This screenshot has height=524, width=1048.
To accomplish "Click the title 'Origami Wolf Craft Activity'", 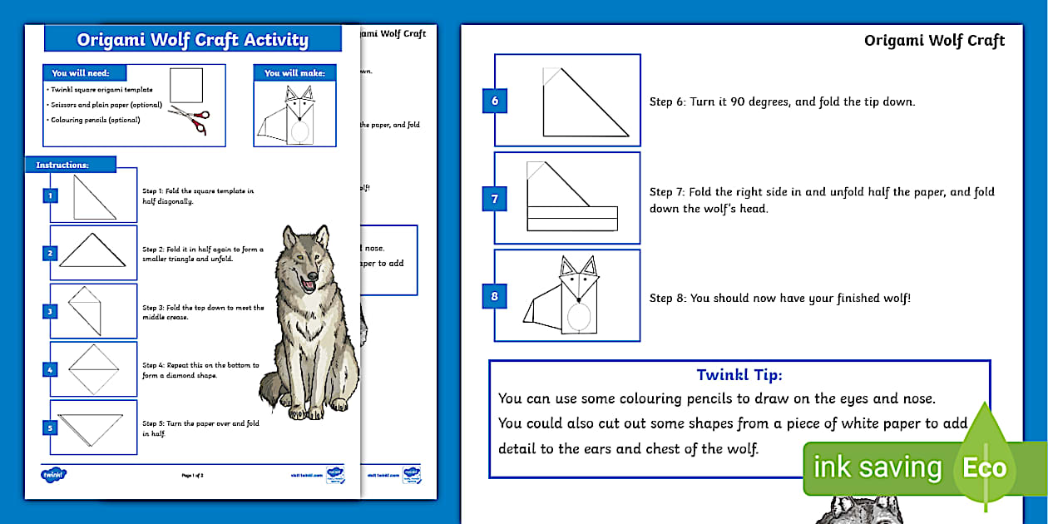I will pos(192,39).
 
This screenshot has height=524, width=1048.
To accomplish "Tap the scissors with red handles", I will pos(189,120).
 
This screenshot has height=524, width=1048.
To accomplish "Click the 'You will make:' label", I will pos(294,73).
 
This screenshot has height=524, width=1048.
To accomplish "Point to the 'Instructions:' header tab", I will pos(62,165).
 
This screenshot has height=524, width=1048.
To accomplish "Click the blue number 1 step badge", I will pos(51,196).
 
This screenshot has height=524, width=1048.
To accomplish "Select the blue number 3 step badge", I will pos(51,312).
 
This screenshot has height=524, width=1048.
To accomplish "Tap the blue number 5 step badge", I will pos(51,428).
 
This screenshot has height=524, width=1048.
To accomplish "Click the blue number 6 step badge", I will pos(495,101).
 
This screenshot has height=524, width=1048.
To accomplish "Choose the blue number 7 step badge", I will pos(495,199).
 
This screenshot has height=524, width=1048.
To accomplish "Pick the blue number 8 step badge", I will pos(495,295).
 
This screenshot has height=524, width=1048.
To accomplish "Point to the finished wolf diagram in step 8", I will pos(566,295).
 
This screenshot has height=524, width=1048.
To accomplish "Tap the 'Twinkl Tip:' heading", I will pos(739,376).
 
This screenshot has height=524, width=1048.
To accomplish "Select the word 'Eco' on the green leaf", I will pos(984,468).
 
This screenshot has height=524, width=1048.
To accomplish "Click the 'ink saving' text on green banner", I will pos(877,468).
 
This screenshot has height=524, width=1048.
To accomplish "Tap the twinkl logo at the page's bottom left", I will pos(53,475).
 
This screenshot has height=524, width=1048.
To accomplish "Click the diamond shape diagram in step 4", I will pos(93,369).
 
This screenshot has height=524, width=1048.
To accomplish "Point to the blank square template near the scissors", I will pos(186,85).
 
